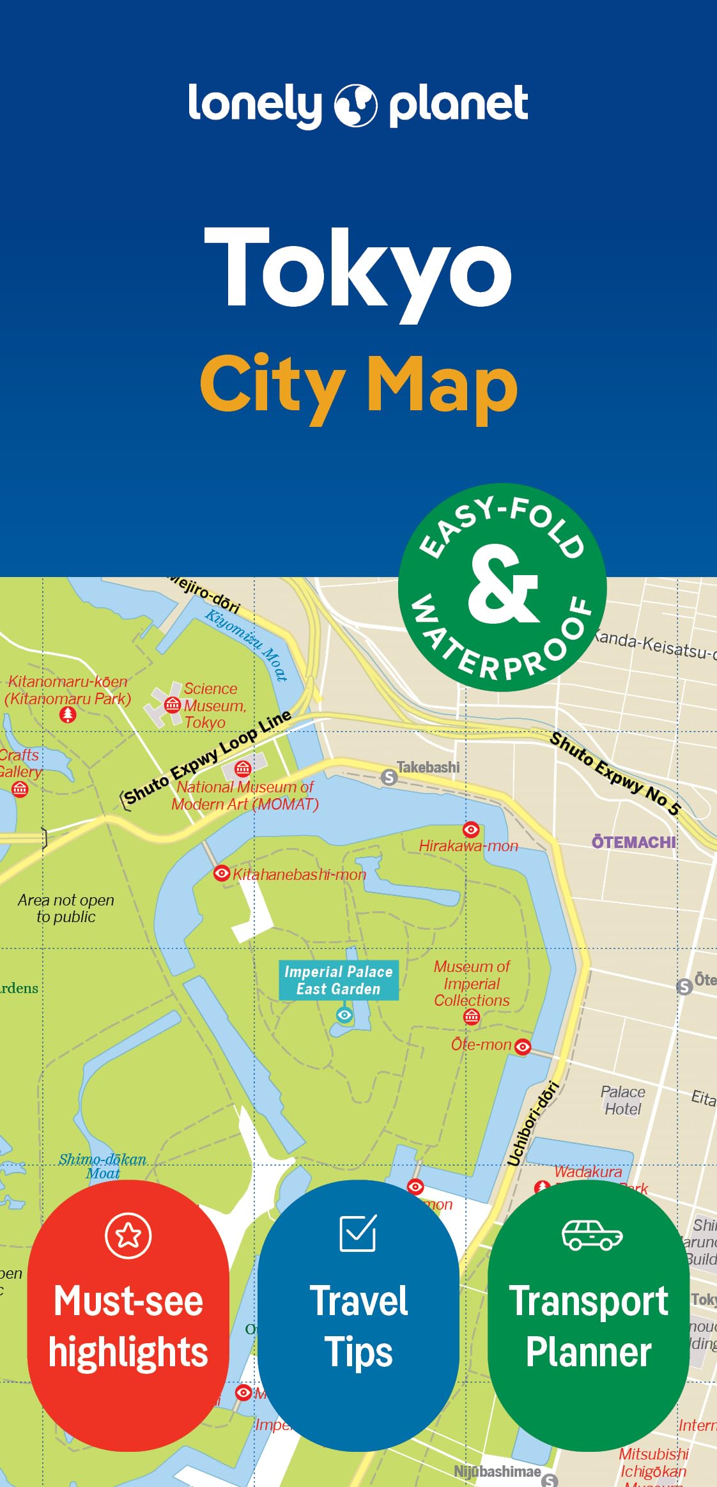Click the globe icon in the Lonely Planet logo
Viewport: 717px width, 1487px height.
356,105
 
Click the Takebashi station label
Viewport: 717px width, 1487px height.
428,767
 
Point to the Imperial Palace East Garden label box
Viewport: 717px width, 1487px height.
338,980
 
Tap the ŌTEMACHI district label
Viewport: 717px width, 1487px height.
633,842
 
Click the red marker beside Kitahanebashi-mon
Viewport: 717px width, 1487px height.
221,873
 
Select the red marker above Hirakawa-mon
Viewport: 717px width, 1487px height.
471,829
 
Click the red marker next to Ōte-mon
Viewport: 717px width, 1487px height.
523,1046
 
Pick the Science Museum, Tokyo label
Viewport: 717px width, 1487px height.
210,705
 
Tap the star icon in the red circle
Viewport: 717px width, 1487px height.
128,1235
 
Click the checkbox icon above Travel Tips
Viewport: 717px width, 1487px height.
358,1233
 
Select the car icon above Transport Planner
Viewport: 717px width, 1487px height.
592,1235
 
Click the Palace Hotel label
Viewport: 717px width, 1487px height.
623,1100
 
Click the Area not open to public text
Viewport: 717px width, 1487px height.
66,908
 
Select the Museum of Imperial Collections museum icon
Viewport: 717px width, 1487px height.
472,1016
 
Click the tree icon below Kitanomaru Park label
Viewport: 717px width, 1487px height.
68,714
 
